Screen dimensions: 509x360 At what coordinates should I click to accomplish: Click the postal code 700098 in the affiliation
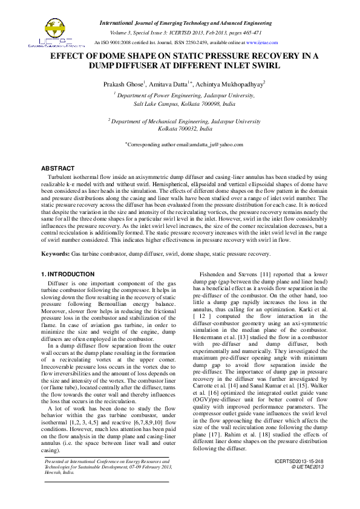click(203, 104)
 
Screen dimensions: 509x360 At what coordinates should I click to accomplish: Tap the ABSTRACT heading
click(59, 167)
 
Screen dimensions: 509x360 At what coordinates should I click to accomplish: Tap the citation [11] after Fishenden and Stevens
click(265, 274)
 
